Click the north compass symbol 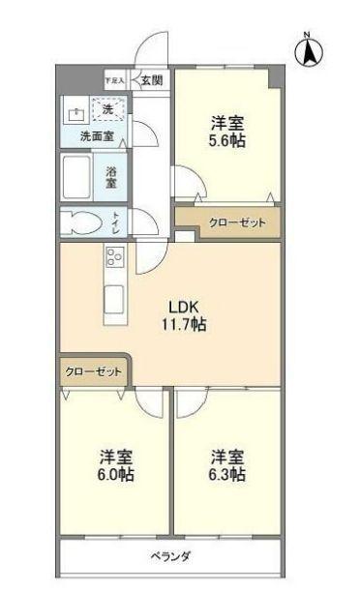[x=310, y=50]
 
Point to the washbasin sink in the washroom [x=75, y=111]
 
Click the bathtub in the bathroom [x=78, y=178]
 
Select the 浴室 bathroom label [x=113, y=177]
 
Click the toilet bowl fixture [x=83, y=223]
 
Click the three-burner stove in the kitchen [x=115, y=257]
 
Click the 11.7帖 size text [x=183, y=325]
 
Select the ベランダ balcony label [x=170, y=556]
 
